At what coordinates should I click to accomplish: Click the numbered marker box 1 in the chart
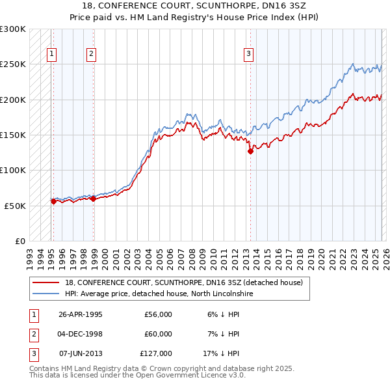(51, 54)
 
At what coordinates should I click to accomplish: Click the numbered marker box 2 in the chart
(91, 54)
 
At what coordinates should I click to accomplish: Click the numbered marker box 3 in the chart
(248, 54)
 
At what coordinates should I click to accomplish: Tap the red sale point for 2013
(250, 151)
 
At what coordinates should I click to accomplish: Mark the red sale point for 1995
(53, 201)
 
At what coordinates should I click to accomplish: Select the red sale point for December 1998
(93, 199)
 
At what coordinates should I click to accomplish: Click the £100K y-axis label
(13, 170)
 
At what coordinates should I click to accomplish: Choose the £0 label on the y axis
(19, 241)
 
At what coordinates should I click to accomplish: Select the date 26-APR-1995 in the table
(81, 314)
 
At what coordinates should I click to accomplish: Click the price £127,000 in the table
(156, 353)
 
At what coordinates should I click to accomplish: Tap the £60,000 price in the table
(158, 334)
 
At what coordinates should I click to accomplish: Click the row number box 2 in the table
(32, 334)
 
